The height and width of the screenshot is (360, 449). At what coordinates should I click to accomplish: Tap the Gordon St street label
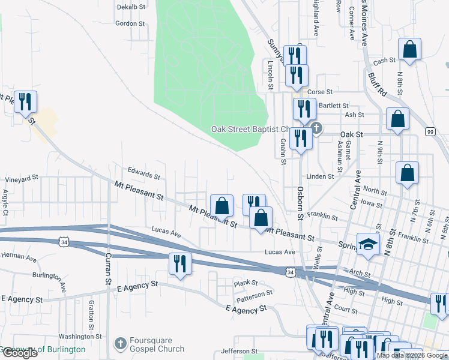click(131, 24)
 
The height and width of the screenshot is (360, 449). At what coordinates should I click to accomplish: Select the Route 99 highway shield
click(430, 131)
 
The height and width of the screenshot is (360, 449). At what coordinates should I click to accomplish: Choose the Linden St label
click(319, 176)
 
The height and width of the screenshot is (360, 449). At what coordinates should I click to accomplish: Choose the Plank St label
click(246, 283)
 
